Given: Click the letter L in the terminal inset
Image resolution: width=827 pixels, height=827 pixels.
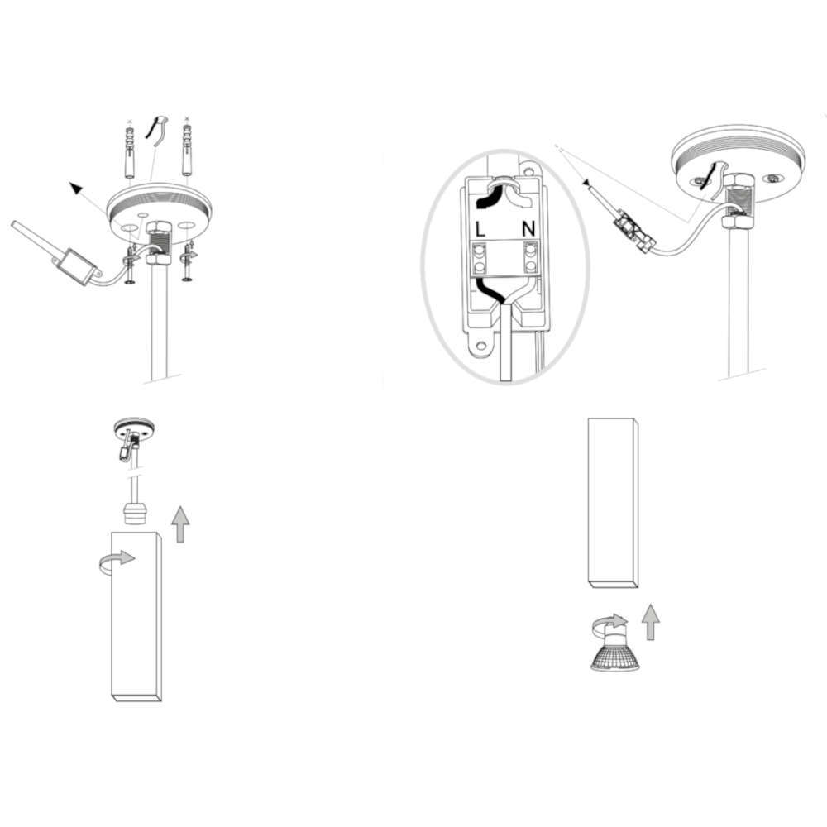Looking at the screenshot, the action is [x=480, y=229].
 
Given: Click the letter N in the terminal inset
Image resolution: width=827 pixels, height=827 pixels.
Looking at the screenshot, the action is [x=528, y=229].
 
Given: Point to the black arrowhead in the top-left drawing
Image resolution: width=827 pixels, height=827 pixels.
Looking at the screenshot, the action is [x=76, y=188].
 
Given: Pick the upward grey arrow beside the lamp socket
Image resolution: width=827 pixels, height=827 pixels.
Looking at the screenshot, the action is [x=180, y=524].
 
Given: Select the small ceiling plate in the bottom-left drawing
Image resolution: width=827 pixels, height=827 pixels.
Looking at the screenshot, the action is [x=135, y=428].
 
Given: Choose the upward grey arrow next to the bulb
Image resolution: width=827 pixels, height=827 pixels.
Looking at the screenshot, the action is [x=651, y=623].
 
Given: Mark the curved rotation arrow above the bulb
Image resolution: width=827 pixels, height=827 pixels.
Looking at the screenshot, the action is [x=610, y=623].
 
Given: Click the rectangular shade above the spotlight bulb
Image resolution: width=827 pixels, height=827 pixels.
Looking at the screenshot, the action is [x=613, y=503].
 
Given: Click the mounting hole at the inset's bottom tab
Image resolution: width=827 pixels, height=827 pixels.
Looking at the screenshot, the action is [x=480, y=346].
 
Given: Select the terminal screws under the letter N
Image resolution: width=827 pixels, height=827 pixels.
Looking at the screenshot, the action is [x=530, y=256].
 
